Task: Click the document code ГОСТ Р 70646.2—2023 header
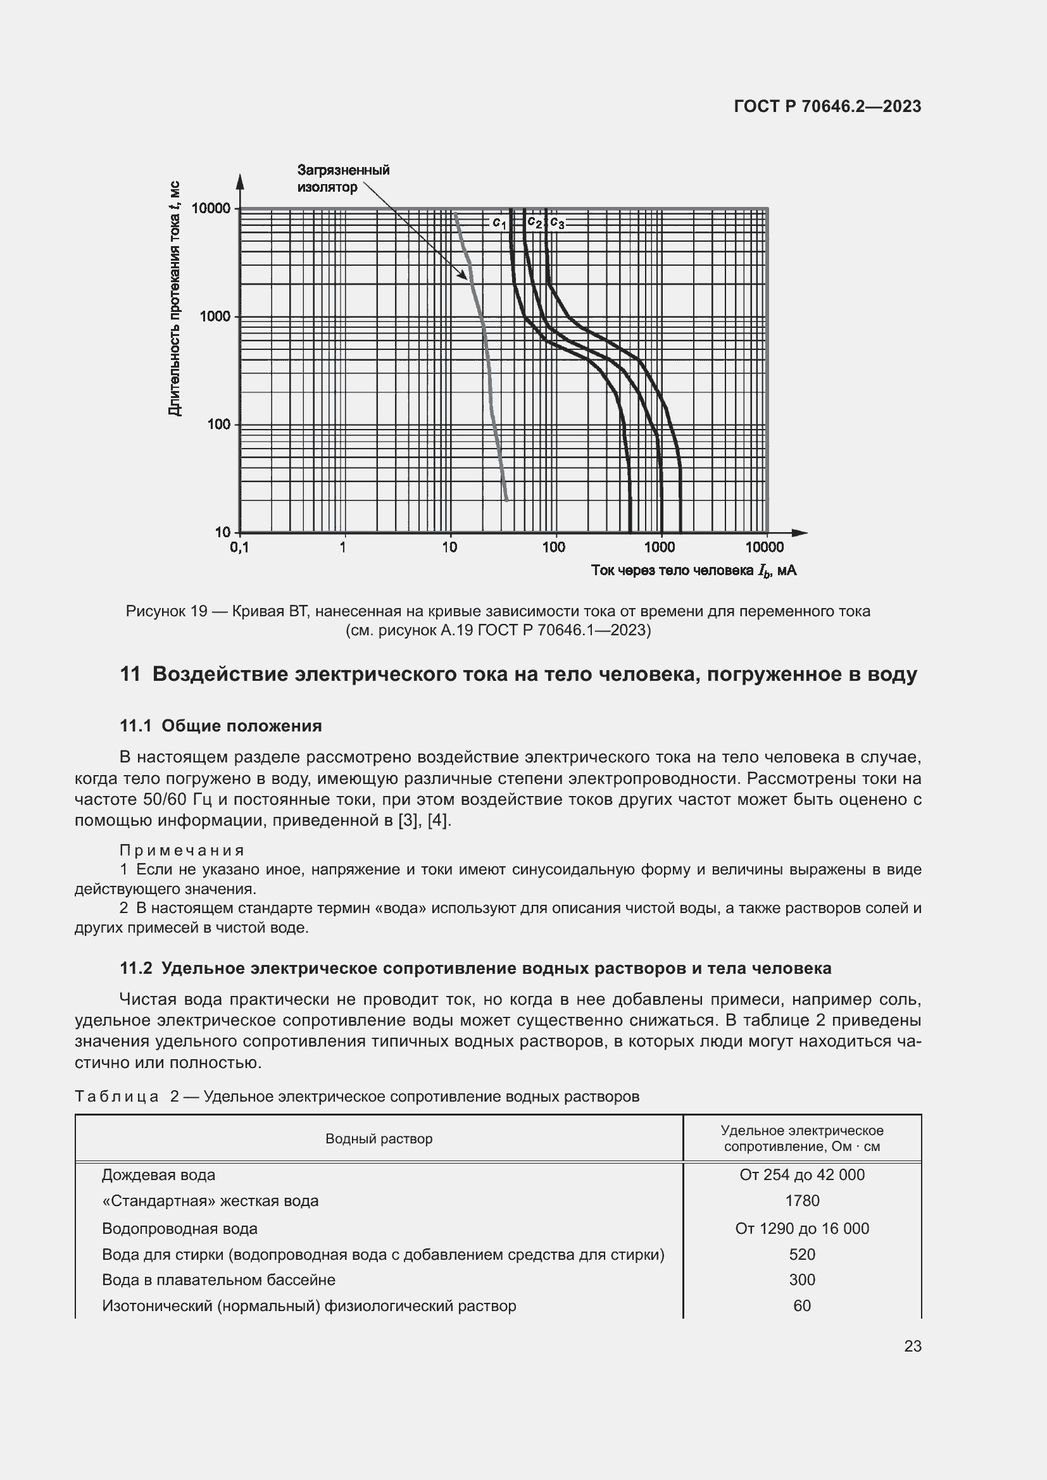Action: (x=827, y=106)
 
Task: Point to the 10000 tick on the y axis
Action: (x=211, y=208)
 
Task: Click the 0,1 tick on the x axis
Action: (x=239, y=548)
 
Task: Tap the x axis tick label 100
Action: (x=553, y=548)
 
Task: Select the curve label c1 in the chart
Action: (x=499, y=222)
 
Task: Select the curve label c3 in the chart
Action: (x=557, y=223)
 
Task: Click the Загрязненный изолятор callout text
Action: (x=343, y=178)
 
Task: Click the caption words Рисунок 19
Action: (x=166, y=611)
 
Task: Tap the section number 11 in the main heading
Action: (x=130, y=675)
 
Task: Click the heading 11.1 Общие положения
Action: (x=220, y=726)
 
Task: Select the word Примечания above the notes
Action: (x=182, y=850)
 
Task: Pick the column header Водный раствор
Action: (x=379, y=1139)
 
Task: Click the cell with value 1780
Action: (x=801, y=1201)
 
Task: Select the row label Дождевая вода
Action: (x=159, y=1175)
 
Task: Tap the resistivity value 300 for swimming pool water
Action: (x=801, y=1279)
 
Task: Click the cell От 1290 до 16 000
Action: (x=801, y=1229)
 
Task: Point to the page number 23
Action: (x=912, y=1346)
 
